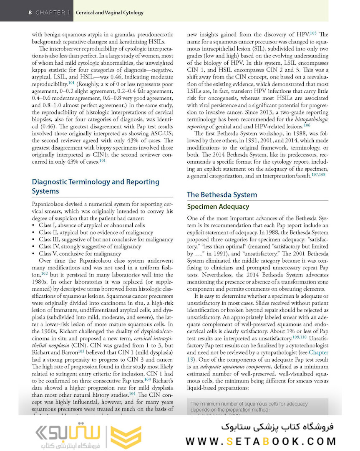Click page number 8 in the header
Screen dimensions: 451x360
[30, 13]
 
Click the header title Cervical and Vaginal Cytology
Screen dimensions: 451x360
[110, 13]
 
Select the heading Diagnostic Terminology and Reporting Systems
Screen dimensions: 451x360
[96, 186]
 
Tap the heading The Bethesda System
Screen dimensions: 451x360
[222, 195]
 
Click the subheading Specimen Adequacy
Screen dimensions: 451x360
[218, 207]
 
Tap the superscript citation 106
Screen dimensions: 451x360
[307, 125]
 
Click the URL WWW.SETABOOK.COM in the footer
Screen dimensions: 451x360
[261, 441]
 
